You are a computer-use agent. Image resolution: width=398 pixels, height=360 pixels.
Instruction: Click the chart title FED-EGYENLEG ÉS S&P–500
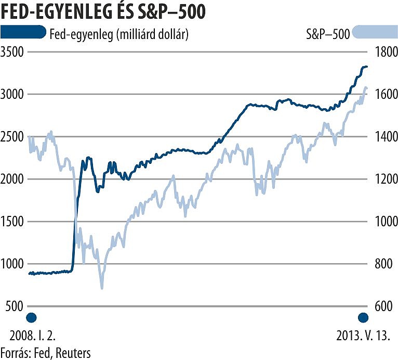click(x=103, y=12)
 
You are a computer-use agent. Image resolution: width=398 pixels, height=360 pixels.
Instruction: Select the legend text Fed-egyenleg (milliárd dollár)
click(x=118, y=34)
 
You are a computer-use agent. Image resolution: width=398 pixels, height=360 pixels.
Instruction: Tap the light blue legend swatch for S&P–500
click(x=374, y=33)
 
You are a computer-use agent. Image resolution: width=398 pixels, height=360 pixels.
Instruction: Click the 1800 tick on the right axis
click(x=383, y=52)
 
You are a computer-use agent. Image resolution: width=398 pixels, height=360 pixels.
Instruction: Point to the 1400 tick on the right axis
click(x=383, y=137)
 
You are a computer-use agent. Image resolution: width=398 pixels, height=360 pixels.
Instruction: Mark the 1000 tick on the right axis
click(x=383, y=222)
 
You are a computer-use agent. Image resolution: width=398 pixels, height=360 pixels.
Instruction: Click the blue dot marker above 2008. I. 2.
click(x=32, y=318)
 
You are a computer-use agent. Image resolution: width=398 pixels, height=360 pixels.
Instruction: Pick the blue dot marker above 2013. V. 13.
click(x=363, y=318)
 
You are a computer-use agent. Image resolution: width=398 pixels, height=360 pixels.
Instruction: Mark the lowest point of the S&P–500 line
click(x=102, y=287)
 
